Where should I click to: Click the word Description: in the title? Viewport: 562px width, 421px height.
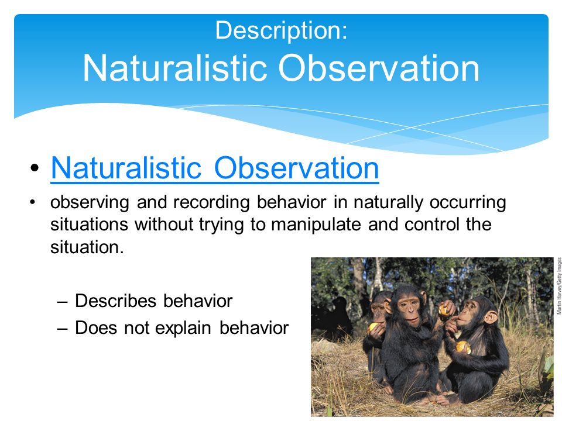282,31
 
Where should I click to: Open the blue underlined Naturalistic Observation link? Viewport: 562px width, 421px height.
215,168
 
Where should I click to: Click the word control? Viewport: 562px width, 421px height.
431,225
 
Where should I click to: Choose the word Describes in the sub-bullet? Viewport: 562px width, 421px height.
115,301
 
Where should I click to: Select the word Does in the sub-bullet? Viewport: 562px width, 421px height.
95,327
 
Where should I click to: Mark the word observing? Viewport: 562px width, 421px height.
90,203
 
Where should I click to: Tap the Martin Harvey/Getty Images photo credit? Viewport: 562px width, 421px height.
558,286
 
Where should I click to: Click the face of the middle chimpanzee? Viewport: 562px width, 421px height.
409,310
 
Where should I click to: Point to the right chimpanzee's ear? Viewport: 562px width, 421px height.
491,316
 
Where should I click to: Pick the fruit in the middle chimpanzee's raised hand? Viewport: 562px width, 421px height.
444,310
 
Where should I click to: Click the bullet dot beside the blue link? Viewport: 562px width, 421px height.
35,168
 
